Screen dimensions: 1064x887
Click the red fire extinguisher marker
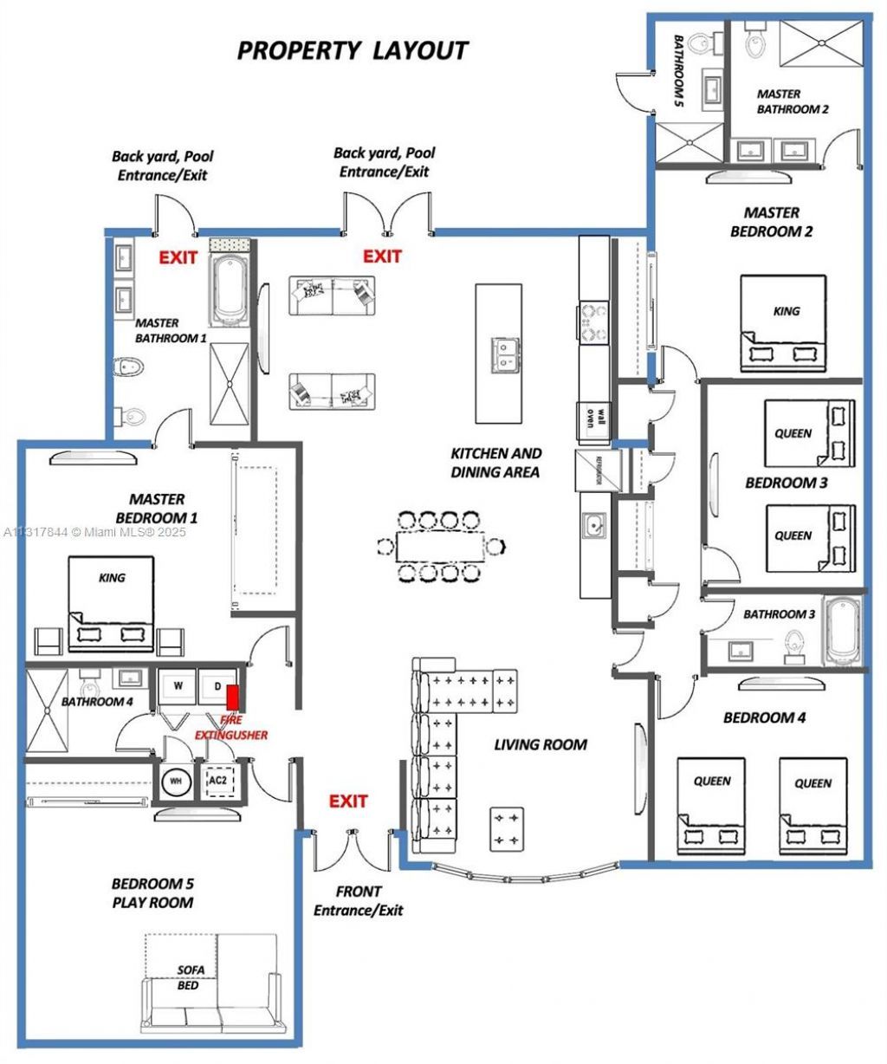click(233, 697)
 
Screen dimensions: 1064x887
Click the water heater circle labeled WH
click(177, 781)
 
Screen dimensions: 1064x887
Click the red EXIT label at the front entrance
click(348, 801)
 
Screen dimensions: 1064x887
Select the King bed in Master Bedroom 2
click(783, 323)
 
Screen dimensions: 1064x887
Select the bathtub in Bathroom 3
click(842, 632)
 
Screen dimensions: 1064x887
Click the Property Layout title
click(353, 50)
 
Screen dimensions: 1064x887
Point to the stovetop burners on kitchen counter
click(594, 321)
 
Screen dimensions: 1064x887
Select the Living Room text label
click(541, 744)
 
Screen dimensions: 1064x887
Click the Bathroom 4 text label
click(96, 701)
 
